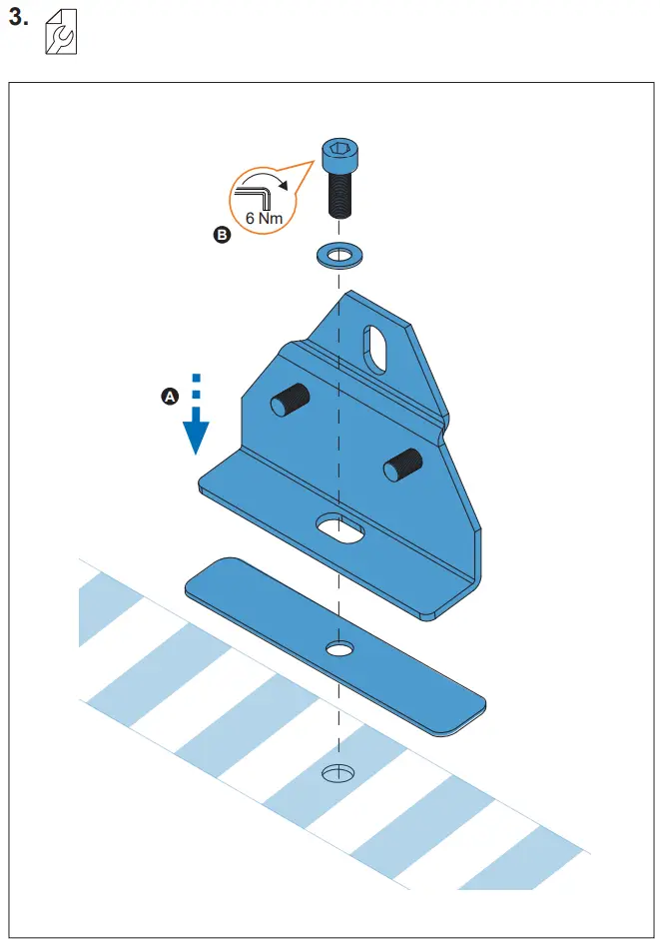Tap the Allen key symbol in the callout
tap(255, 189)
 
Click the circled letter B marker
tap(222, 235)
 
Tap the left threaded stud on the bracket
tap(290, 402)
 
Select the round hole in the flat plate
tap(340, 650)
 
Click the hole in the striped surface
tap(339, 772)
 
